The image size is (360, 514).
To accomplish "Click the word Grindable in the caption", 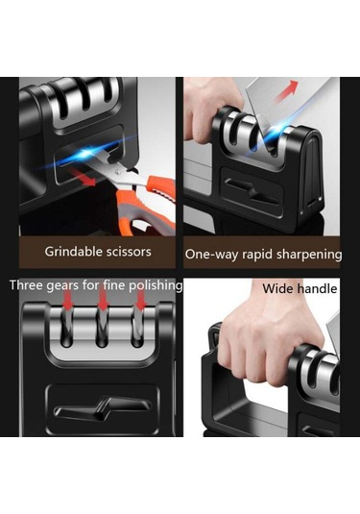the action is [70, 252].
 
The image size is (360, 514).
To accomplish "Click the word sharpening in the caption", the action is [308, 255].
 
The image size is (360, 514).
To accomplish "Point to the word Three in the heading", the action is [26, 285].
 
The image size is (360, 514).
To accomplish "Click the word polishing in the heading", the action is [156, 286].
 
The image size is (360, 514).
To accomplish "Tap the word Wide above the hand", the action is [278, 289].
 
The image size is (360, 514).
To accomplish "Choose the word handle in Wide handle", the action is [317, 289].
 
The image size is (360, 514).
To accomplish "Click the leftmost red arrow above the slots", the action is [67, 300].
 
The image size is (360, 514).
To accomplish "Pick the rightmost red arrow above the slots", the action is [141, 300].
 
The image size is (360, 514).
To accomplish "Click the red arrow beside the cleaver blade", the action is [286, 90].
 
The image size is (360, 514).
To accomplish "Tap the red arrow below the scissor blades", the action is [83, 178].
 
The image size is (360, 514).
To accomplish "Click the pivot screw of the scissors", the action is [117, 171].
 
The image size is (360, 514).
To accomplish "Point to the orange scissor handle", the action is [149, 205].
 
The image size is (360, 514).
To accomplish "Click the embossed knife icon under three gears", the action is [103, 408].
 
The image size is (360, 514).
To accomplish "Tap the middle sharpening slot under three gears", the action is [102, 329].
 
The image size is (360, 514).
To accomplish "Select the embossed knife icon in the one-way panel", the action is [252, 192].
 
